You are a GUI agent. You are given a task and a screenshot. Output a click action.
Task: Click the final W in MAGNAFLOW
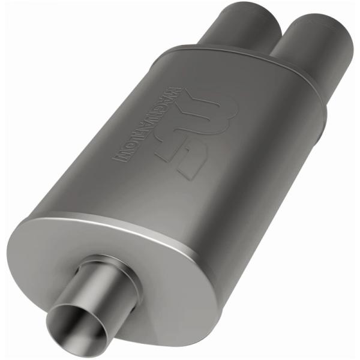120,157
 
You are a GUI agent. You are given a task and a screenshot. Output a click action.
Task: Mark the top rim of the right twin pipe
324,18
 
